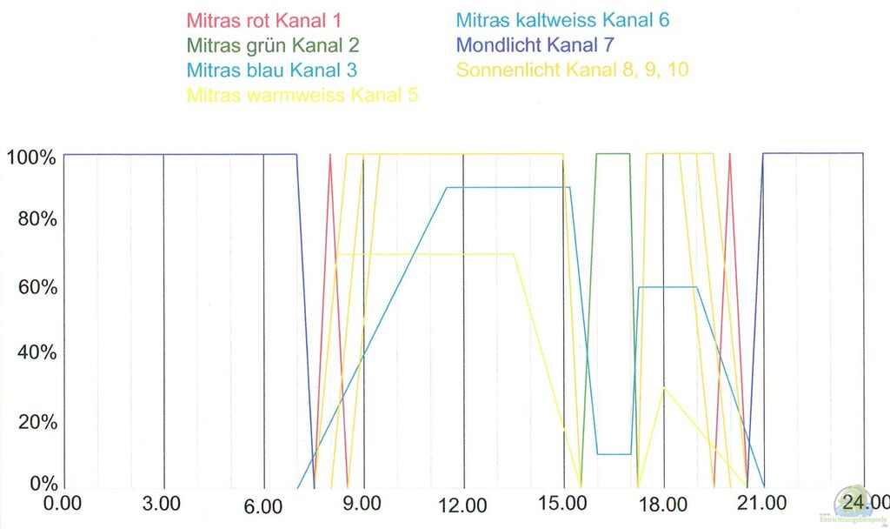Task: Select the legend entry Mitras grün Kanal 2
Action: pyautogui.click(x=272, y=44)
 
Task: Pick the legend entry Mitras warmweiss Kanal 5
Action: pyautogui.click(x=302, y=94)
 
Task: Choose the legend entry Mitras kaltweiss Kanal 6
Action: pyautogui.click(x=562, y=20)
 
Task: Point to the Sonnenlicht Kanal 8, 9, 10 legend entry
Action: pyautogui.click(x=572, y=69)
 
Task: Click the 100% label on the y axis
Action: pyautogui.click(x=31, y=157)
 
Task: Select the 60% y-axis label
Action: pyautogui.click(x=37, y=287)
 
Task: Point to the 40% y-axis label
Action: pyautogui.click(x=37, y=353)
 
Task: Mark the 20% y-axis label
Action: pyautogui.click(x=37, y=421)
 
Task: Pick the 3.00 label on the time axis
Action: pyautogui.click(x=162, y=504)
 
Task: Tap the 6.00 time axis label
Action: pyautogui.click(x=262, y=504)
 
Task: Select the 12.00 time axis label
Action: pyautogui.click(x=462, y=504)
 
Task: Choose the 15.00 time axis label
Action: pyautogui.click(x=562, y=504)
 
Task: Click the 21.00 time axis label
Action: pyautogui.click(x=764, y=504)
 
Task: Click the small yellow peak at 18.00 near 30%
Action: pyautogui.click(x=664, y=389)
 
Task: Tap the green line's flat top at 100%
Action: pyautogui.click(x=613, y=155)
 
